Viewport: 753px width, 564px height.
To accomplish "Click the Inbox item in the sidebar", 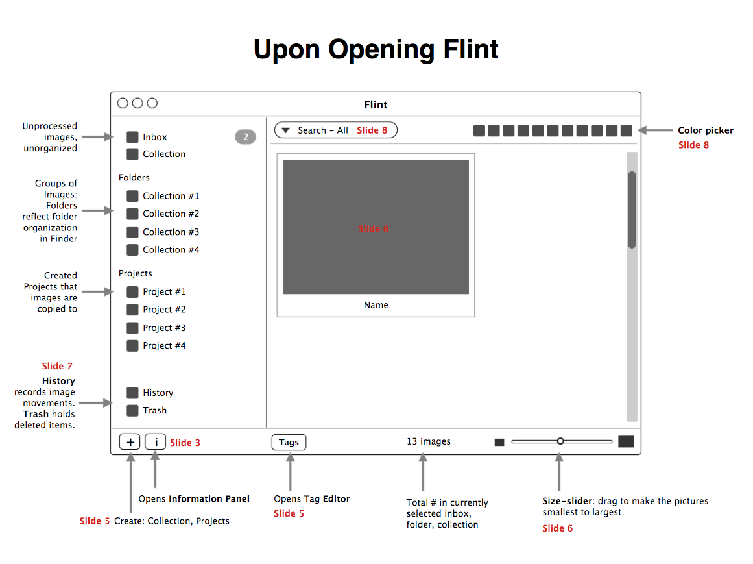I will tap(155, 137).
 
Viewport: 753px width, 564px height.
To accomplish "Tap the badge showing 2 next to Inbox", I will tap(245, 137).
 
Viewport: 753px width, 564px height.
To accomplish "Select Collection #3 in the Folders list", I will tap(171, 232).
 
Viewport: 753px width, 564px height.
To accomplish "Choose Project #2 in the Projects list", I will tap(164, 309).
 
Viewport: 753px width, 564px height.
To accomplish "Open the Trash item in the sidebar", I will tap(155, 410).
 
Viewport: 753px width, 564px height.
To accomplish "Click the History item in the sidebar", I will tap(158, 393).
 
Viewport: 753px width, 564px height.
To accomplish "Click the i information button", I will tap(156, 442).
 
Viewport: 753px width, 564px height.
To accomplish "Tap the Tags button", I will tap(289, 442).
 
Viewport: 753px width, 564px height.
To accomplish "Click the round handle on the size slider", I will tap(560, 441).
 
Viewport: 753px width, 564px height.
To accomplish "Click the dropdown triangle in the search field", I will tap(286, 130).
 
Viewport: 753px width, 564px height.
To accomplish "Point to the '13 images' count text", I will tap(428, 441).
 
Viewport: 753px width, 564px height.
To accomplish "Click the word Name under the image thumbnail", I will tap(376, 305).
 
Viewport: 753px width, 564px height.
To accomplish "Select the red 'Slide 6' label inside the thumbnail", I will tap(374, 229).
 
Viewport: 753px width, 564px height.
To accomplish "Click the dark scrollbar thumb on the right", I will tap(632, 209).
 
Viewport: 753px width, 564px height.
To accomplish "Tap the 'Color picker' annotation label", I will tap(705, 130).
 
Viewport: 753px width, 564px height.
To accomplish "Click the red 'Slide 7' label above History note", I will tap(57, 366).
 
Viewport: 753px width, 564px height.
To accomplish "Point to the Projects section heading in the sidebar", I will tap(135, 273).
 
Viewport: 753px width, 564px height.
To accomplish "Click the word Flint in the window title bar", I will tap(376, 104).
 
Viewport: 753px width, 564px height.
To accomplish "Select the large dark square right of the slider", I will tap(626, 441).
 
